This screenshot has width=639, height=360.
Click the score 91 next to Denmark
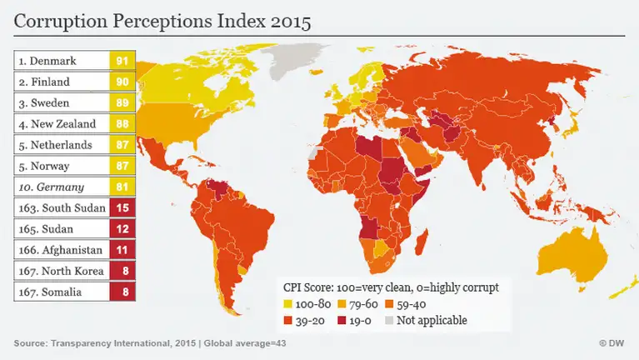[x=122, y=60]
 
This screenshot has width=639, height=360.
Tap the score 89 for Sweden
[x=122, y=102]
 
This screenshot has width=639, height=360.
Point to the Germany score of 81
[x=122, y=187]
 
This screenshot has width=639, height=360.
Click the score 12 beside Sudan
[x=122, y=228]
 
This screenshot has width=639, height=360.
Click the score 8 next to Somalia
[x=122, y=292]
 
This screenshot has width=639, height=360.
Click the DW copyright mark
[x=612, y=343]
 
